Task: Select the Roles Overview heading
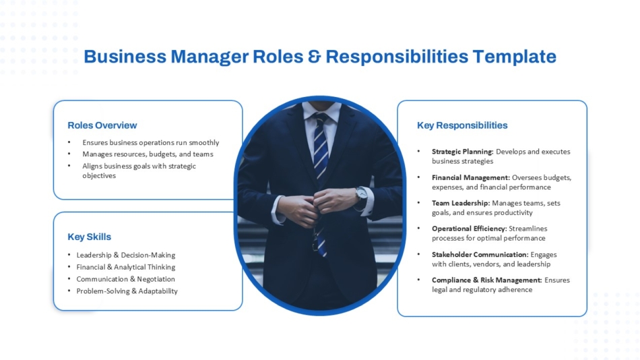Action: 102,125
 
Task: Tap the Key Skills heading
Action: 90,237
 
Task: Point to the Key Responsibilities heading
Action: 462,125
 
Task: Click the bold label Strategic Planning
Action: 463,152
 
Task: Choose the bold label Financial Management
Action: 470,178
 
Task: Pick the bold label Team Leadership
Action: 461,203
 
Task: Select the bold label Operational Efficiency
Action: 469,229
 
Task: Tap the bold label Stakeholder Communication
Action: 480,255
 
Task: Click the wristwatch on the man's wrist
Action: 361,193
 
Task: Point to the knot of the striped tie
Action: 321,121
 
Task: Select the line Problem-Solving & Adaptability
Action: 127,291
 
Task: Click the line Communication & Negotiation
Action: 125,279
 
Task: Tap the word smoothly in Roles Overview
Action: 203,143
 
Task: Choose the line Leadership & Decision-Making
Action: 125,256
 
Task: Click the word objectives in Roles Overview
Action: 99,176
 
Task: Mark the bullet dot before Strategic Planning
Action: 418,152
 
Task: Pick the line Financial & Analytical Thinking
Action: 125,268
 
